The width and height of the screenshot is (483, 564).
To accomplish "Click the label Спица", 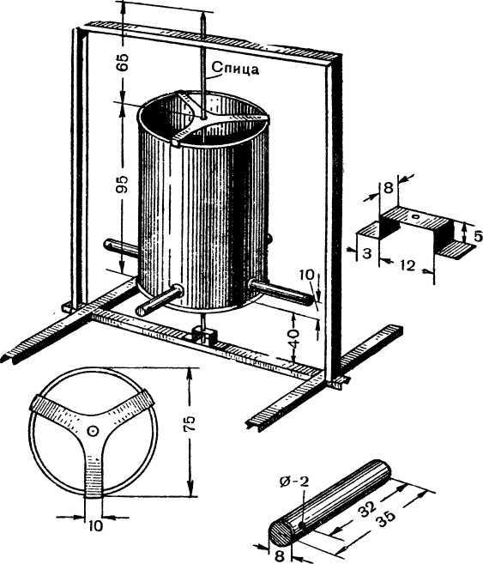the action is point(235,68).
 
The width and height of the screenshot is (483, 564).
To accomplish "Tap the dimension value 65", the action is point(123,62).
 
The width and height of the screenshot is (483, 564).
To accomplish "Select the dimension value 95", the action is point(123,185).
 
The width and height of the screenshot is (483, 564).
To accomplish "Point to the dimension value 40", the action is point(293,338).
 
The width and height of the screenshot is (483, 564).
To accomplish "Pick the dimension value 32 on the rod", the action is point(367,508).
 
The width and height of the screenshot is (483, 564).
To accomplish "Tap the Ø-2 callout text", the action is point(294,482).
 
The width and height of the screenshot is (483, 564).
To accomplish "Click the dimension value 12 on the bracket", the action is point(407,266).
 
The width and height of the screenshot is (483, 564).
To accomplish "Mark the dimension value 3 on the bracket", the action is point(366,253).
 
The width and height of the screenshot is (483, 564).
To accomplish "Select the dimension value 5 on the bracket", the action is point(478,236).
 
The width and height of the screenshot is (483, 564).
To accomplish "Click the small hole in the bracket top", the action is point(416,216).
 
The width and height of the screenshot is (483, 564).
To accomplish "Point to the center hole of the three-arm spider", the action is point(93,431).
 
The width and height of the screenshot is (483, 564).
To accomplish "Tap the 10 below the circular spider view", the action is point(95,526).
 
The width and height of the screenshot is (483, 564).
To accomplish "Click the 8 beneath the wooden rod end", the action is point(280,556).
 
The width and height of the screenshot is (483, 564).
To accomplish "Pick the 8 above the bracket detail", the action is point(389,188).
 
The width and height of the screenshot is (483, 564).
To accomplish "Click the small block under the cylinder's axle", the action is point(204,335).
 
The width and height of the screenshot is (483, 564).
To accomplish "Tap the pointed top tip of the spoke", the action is point(203,14).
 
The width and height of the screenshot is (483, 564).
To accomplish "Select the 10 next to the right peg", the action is point(306,275).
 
